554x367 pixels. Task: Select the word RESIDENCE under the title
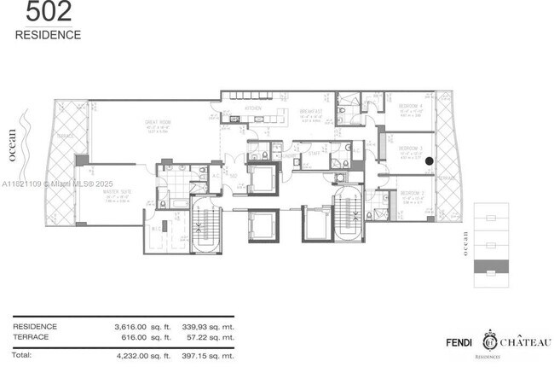tap(48, 35)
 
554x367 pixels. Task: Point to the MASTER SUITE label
tap(94, 191)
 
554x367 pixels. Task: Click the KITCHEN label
tap(253, 109)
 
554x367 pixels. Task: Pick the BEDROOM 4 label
tap(411, 106)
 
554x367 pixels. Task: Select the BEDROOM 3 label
tap(411, 149)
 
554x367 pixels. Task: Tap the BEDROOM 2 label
tap(411, 194)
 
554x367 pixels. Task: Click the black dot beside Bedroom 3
tap(430, 160)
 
